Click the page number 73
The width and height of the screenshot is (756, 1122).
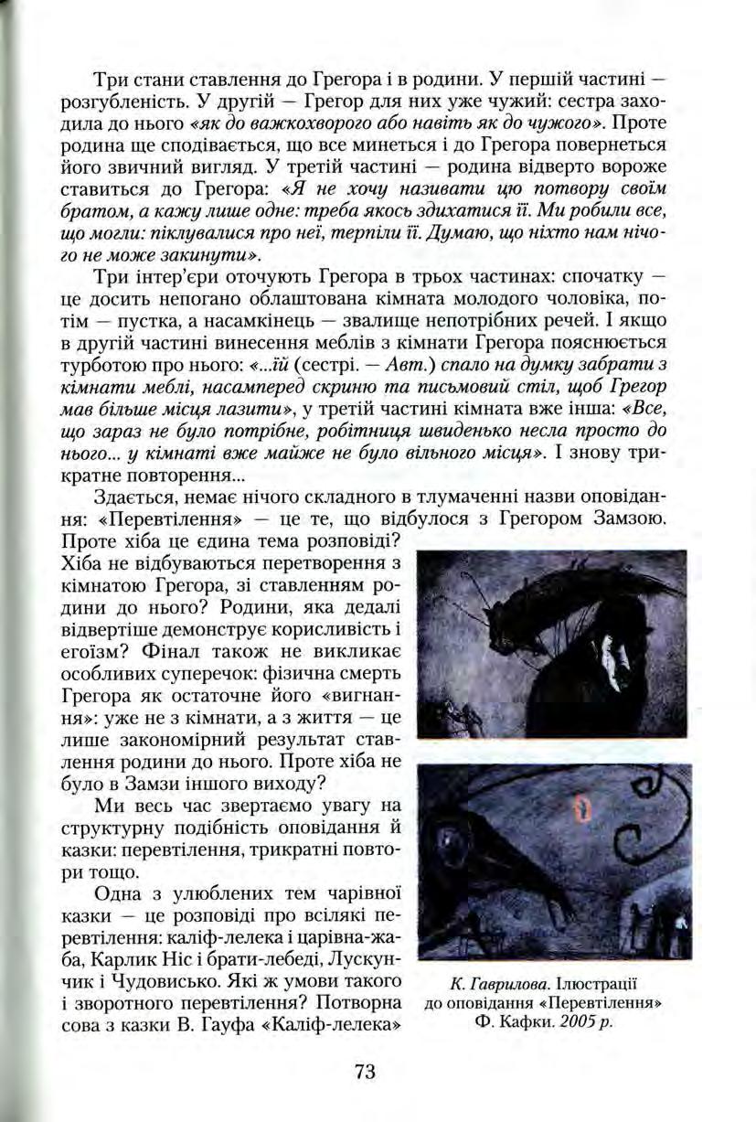coord(364,1073)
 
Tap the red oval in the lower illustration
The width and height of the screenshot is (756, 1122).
coord(580,807)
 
